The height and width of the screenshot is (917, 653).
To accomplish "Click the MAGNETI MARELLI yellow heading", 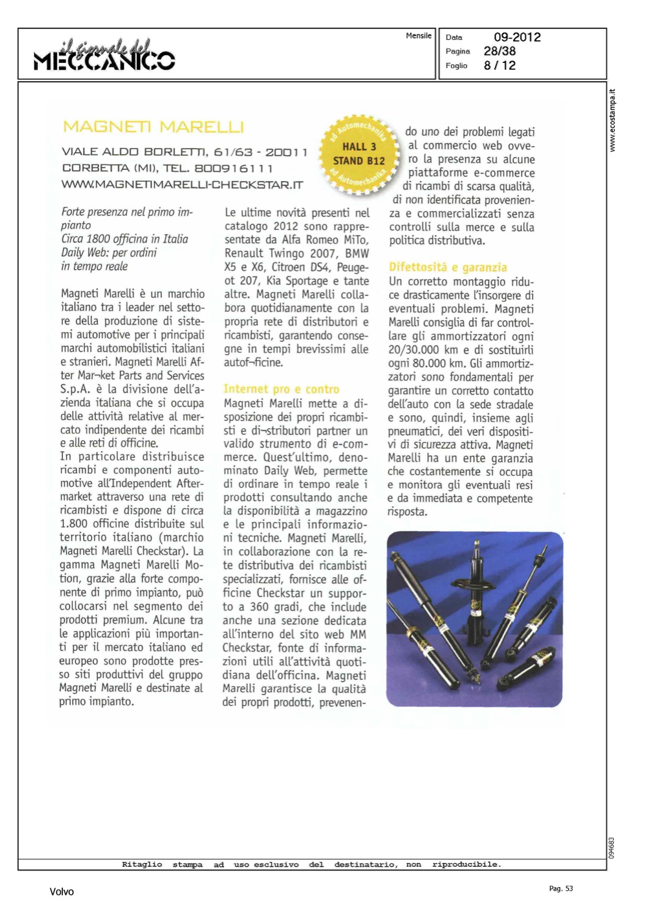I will tap(153, 127).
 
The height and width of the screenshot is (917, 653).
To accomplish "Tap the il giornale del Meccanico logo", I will tap(104, 55).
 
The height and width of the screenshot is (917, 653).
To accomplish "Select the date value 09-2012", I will tap(517, 37).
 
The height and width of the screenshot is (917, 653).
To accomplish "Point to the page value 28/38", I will tap(500, 51).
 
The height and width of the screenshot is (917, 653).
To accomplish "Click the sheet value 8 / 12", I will tap(500, 65).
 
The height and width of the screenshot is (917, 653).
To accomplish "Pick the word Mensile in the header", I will tap(418, 35).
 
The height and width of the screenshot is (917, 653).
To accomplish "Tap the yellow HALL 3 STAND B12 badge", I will tap(359, 154).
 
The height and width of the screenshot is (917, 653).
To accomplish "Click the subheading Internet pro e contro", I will tap(281, 389).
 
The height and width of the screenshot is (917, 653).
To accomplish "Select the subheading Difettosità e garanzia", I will tap(448, 267).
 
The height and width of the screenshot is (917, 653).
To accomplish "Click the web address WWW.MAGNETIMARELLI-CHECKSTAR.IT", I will tap(182, 185).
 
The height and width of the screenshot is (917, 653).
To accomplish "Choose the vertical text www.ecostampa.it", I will tap(613, 120).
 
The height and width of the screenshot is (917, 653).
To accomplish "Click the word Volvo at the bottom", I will tap(62, 891).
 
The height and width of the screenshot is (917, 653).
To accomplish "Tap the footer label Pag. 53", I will tap(561, 888).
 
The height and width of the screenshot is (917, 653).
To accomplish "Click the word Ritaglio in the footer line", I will tap(142, 864).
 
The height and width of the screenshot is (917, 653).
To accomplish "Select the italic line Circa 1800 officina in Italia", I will tap(125, 239).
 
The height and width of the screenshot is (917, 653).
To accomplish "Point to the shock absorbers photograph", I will tap(475, 619).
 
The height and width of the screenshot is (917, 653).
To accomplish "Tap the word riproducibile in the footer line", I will tap(467, 864).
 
